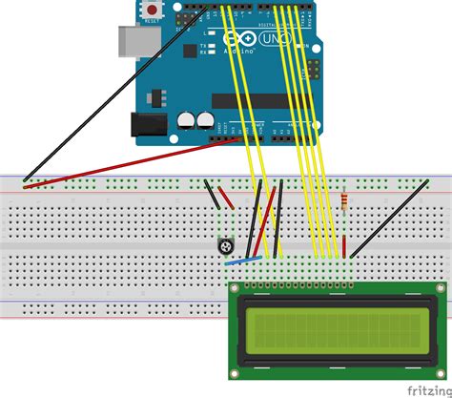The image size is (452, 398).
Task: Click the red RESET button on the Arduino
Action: (x=151, y=10)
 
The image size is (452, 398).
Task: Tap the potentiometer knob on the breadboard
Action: (x=227, y=246)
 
